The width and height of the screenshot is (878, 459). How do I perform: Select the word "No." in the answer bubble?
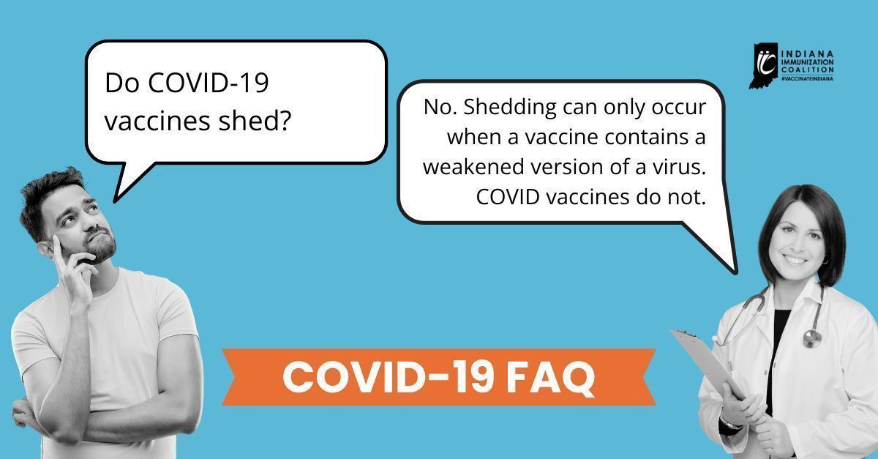pyautogui.click(x=438, y=107)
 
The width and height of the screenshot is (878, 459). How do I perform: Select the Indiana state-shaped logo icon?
pyautogui.click(x=764, y=65)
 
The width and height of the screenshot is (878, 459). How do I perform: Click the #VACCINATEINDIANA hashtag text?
pyautogui.click(x=808, y=78)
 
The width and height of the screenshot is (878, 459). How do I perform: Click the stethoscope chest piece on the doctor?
pyautogui.click(x=811, y=337)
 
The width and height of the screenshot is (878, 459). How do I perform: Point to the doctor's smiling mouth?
pyautogui.click(x=795, y=260)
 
